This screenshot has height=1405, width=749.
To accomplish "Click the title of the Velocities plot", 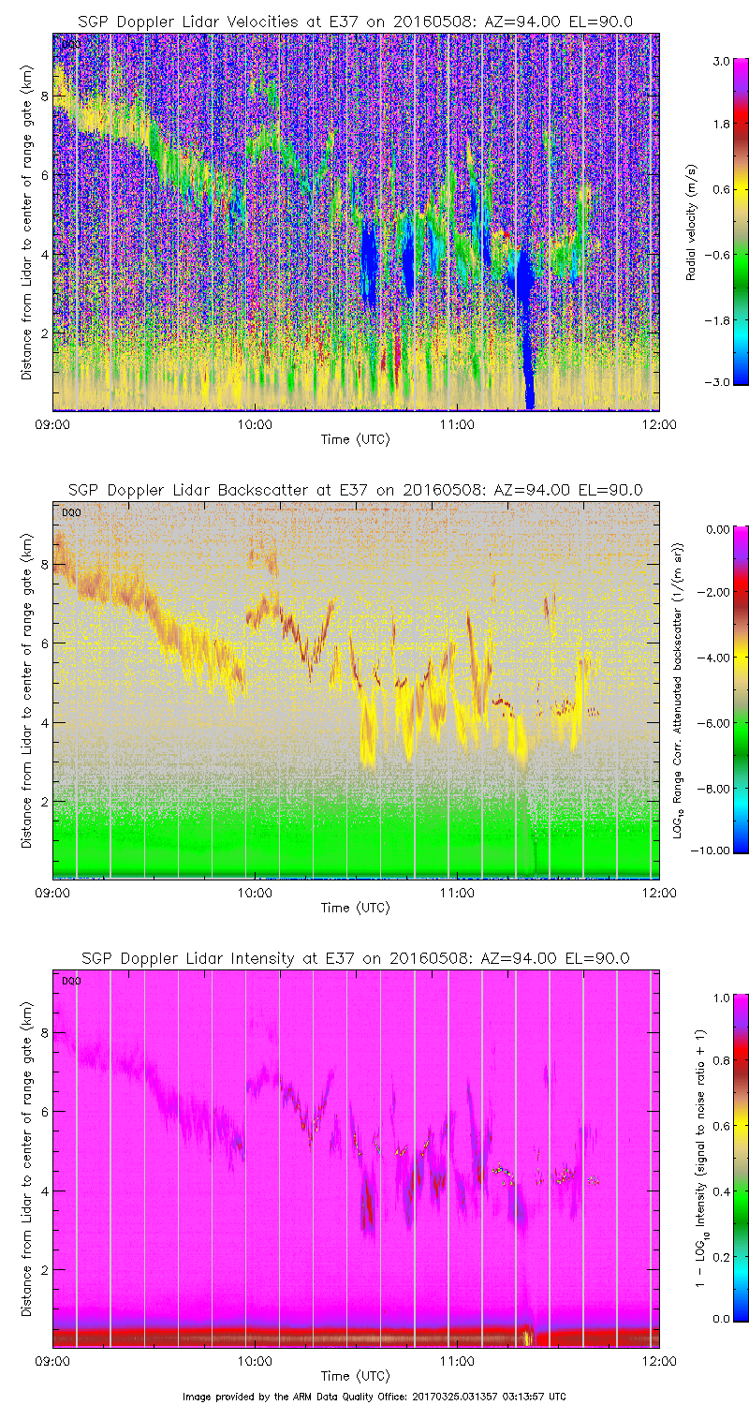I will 355,21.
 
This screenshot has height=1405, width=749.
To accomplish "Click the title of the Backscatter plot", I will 355,489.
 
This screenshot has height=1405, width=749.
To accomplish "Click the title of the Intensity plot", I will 355,958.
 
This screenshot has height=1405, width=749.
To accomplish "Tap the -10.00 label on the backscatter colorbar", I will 714,850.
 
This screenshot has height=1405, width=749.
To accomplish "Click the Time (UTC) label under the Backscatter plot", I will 355,908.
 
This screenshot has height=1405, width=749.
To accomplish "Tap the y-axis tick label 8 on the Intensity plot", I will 43,1032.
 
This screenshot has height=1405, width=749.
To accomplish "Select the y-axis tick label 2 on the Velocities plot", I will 43,333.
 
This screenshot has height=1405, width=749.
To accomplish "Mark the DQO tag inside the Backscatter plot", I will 71,511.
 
